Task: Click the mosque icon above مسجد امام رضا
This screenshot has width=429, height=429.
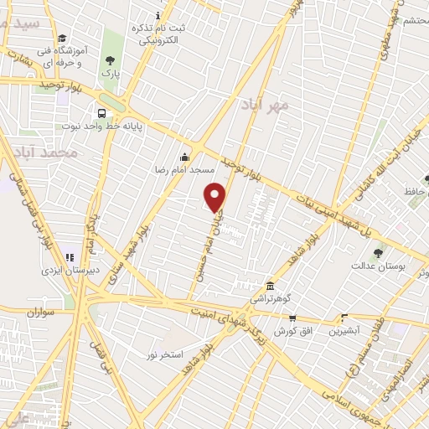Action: tap(184, 157)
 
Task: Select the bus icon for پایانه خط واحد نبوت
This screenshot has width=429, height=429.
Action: tap(101, 113)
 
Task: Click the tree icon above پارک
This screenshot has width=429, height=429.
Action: tap(110, 60)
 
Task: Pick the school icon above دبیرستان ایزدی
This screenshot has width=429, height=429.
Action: tap(70, 257)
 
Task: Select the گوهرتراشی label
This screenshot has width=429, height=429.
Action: tap(270, 297)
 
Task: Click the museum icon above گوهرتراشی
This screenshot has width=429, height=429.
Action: tap(268, 286)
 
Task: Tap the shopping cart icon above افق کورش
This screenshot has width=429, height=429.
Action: tap(292, 318)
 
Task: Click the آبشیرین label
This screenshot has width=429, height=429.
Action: tap(344, 329)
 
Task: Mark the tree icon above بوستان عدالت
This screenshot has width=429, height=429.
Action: tap(379, 252)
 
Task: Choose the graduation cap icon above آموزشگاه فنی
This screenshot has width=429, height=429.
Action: tap(62, 38)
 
